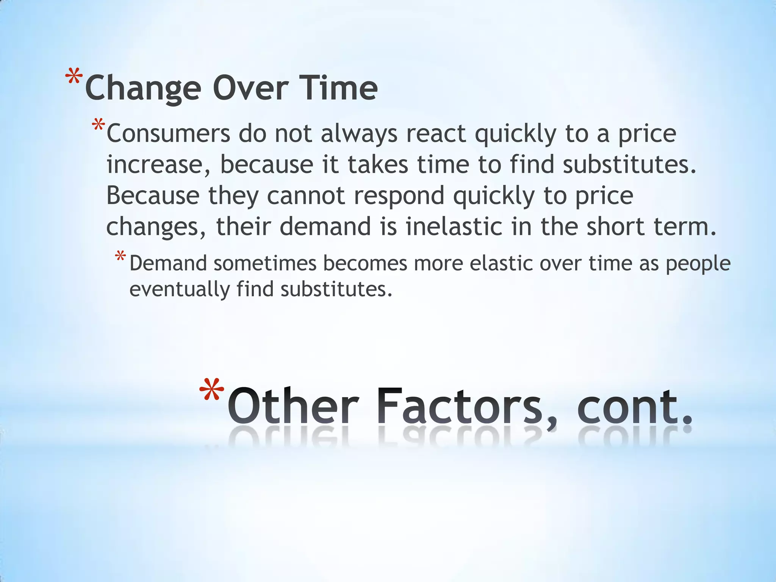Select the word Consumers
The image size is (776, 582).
168,134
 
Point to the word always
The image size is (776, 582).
359,135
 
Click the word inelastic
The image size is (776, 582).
454,227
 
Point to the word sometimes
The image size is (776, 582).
265,263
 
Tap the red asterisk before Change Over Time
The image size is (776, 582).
74,78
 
